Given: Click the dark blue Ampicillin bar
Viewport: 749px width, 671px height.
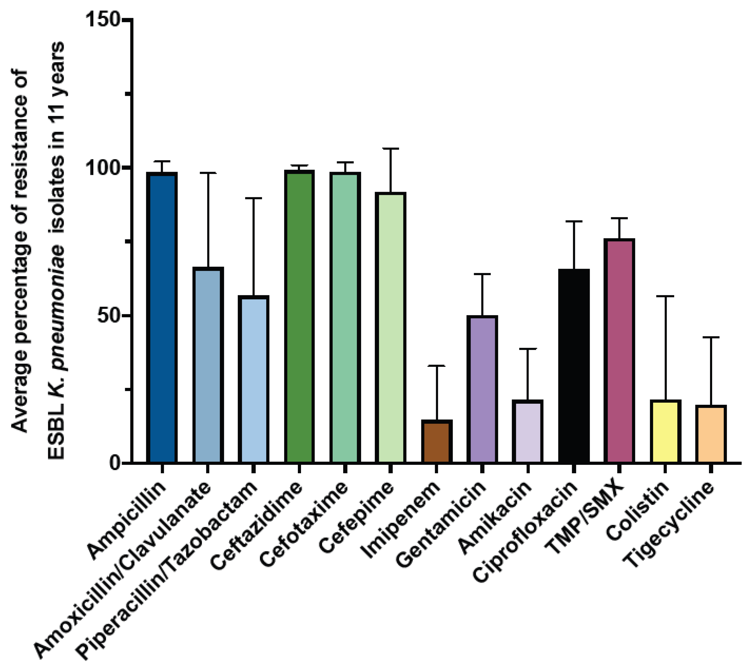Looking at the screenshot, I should pyautogui.click(x=162, y=317).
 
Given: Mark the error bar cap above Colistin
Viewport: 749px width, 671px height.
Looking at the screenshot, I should pyautogui.click(x=665, y=296).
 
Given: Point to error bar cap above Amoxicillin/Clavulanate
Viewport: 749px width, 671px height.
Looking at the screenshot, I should pyautogui.click(x=208, y=172).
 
